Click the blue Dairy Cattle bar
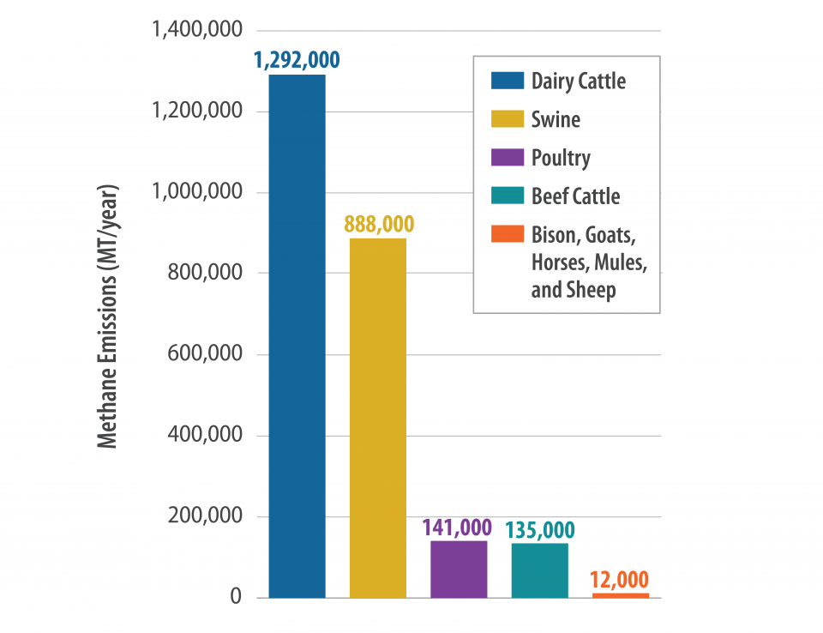point(297,336)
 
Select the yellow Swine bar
point(378,418)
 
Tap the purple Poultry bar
point(459,569)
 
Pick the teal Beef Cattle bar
point(539,570)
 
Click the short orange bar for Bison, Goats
point(621,594)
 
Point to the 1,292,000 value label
point(297,60)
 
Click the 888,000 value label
point(378,224)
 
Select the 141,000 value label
point(459,527)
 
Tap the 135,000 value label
point(539,529)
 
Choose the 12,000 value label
point(621,579)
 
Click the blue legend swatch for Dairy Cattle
point(507,81)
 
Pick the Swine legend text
point(556,119)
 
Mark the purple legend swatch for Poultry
point(507,158)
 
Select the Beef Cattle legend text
point(575,196)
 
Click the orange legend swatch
point(507,234)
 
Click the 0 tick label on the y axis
point(236,597)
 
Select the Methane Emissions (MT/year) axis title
point(106,316)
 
